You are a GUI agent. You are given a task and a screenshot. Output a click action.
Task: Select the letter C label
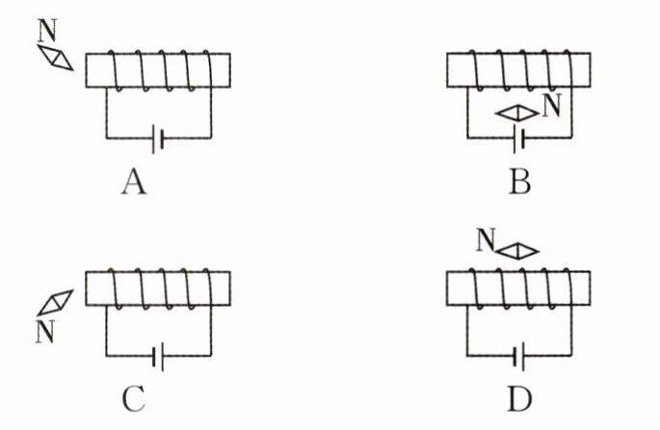click(x=134, y=397)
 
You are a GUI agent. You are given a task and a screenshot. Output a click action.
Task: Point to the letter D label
click(x=520, y=397)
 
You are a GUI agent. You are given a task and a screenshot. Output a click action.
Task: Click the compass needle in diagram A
click(x=58, y=56)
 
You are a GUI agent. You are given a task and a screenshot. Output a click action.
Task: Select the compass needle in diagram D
click(x=518, y=250)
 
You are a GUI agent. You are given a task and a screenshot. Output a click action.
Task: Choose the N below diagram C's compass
click(x=44, y=332)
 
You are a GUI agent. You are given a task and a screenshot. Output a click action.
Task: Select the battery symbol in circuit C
click(x=157, y=358)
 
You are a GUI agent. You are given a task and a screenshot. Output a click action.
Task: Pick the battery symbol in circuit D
click(x=520, y=358)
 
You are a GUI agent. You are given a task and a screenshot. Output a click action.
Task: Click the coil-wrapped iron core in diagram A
click(x=157, y=69)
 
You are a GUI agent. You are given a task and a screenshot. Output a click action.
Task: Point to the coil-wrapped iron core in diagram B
click(x=520, y=69)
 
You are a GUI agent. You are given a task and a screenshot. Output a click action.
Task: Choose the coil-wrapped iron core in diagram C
click(x=157, y=289)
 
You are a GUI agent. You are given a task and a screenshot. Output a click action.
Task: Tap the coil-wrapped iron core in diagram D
click(x=520, y=289)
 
